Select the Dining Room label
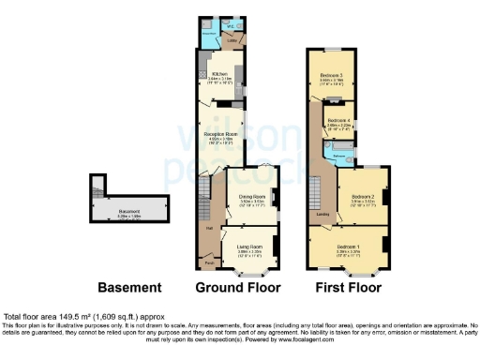click(249, 196)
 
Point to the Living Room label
click(247, 244)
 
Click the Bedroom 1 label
click(350, 246)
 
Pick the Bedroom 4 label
click(339, 122)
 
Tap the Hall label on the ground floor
click(208, 228)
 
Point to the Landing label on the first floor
click(322, 215)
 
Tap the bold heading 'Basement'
click(131, 286)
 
